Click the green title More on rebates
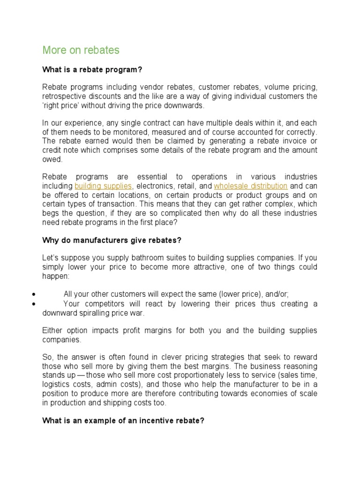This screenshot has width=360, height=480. point(81,50)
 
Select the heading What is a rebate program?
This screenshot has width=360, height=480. point(92,70)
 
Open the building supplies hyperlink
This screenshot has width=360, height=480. point(103,186)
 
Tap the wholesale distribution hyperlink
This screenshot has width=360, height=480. point(250,186)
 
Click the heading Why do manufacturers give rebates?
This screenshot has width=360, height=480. point(112,240)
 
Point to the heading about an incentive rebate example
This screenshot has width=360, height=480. point(123,421)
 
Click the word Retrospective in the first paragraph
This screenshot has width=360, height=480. point(65,96)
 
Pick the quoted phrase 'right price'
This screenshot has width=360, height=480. point(60,105)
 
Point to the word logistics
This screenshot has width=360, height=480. point(57,384)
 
